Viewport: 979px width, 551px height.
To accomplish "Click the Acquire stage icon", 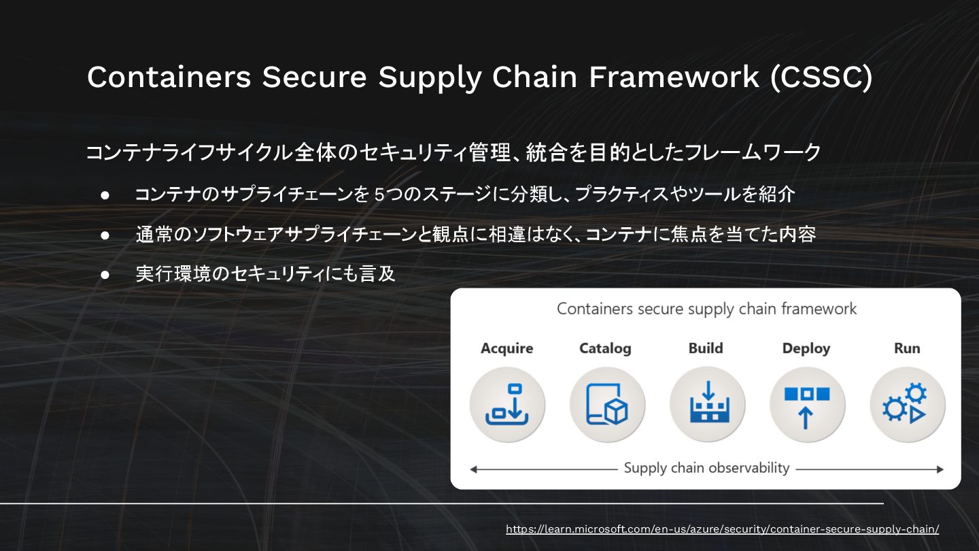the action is (x=507, y=405).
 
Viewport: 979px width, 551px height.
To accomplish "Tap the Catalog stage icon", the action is (x=607, y=405).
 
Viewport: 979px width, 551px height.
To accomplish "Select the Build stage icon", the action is (x=707, y=405).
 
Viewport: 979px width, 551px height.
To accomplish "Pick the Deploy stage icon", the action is (x=807, y=405).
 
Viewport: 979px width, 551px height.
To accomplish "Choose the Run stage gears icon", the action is (x=907, y=405).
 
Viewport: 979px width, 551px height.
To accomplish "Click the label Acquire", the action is (x=506, y=348).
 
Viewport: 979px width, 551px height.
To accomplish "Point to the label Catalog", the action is (x=605, y=348).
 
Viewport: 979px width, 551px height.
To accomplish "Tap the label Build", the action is (x=706, y=348).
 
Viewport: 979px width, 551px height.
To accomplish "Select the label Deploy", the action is (x=806, y=348).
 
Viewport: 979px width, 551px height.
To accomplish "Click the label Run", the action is (x=907, y=348).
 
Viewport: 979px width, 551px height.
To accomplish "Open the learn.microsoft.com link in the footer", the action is (x=722, y=529).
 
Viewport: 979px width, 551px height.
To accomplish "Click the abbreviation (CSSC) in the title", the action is (x=821, y=77).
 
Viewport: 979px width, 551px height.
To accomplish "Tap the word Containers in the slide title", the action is (x=169, y=77).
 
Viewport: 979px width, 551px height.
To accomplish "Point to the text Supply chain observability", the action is (x=706, y=468).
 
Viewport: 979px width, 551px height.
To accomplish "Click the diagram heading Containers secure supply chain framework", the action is (x=706, y=309).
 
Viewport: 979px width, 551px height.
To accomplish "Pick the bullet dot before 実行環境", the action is (x=105, y=274).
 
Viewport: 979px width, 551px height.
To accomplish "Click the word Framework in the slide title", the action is (x=674, y=77).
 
